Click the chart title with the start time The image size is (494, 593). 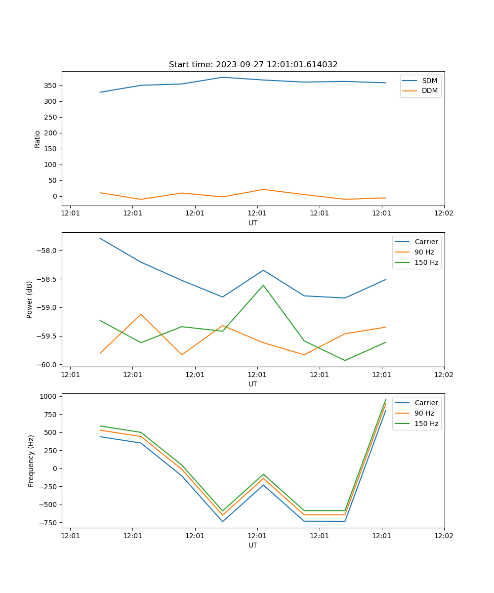pos(253,65)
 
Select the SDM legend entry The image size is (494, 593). pos(429,81)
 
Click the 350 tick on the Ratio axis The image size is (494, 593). pos(51,85)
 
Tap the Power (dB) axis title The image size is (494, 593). pos(30,299)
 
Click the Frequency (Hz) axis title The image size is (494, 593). pos(31,461)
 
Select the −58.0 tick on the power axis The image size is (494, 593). pos(47,250)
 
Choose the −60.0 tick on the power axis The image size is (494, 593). pos(47,365)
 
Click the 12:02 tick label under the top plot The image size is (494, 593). pos(444,213)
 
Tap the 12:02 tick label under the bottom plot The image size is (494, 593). pos(444,536)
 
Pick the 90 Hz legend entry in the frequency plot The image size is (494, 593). pos(424,413)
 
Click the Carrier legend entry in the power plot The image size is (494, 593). pos(426,242)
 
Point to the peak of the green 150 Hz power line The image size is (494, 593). pos(263,285)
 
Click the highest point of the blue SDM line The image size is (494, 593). pos(222,77)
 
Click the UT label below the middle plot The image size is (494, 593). pos(253,384)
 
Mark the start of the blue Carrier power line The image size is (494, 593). pos(100,238)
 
